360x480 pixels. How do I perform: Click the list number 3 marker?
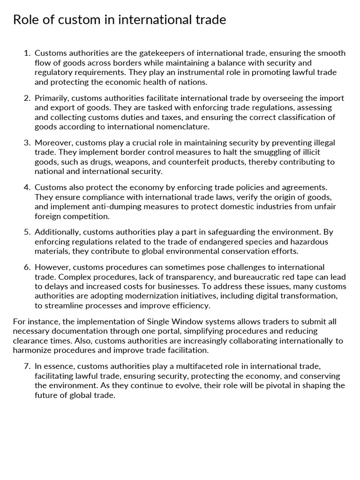[x=27, y=142]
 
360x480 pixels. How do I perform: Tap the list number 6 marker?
[x=27, y=267]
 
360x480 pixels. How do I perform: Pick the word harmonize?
[x=35, y=350]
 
